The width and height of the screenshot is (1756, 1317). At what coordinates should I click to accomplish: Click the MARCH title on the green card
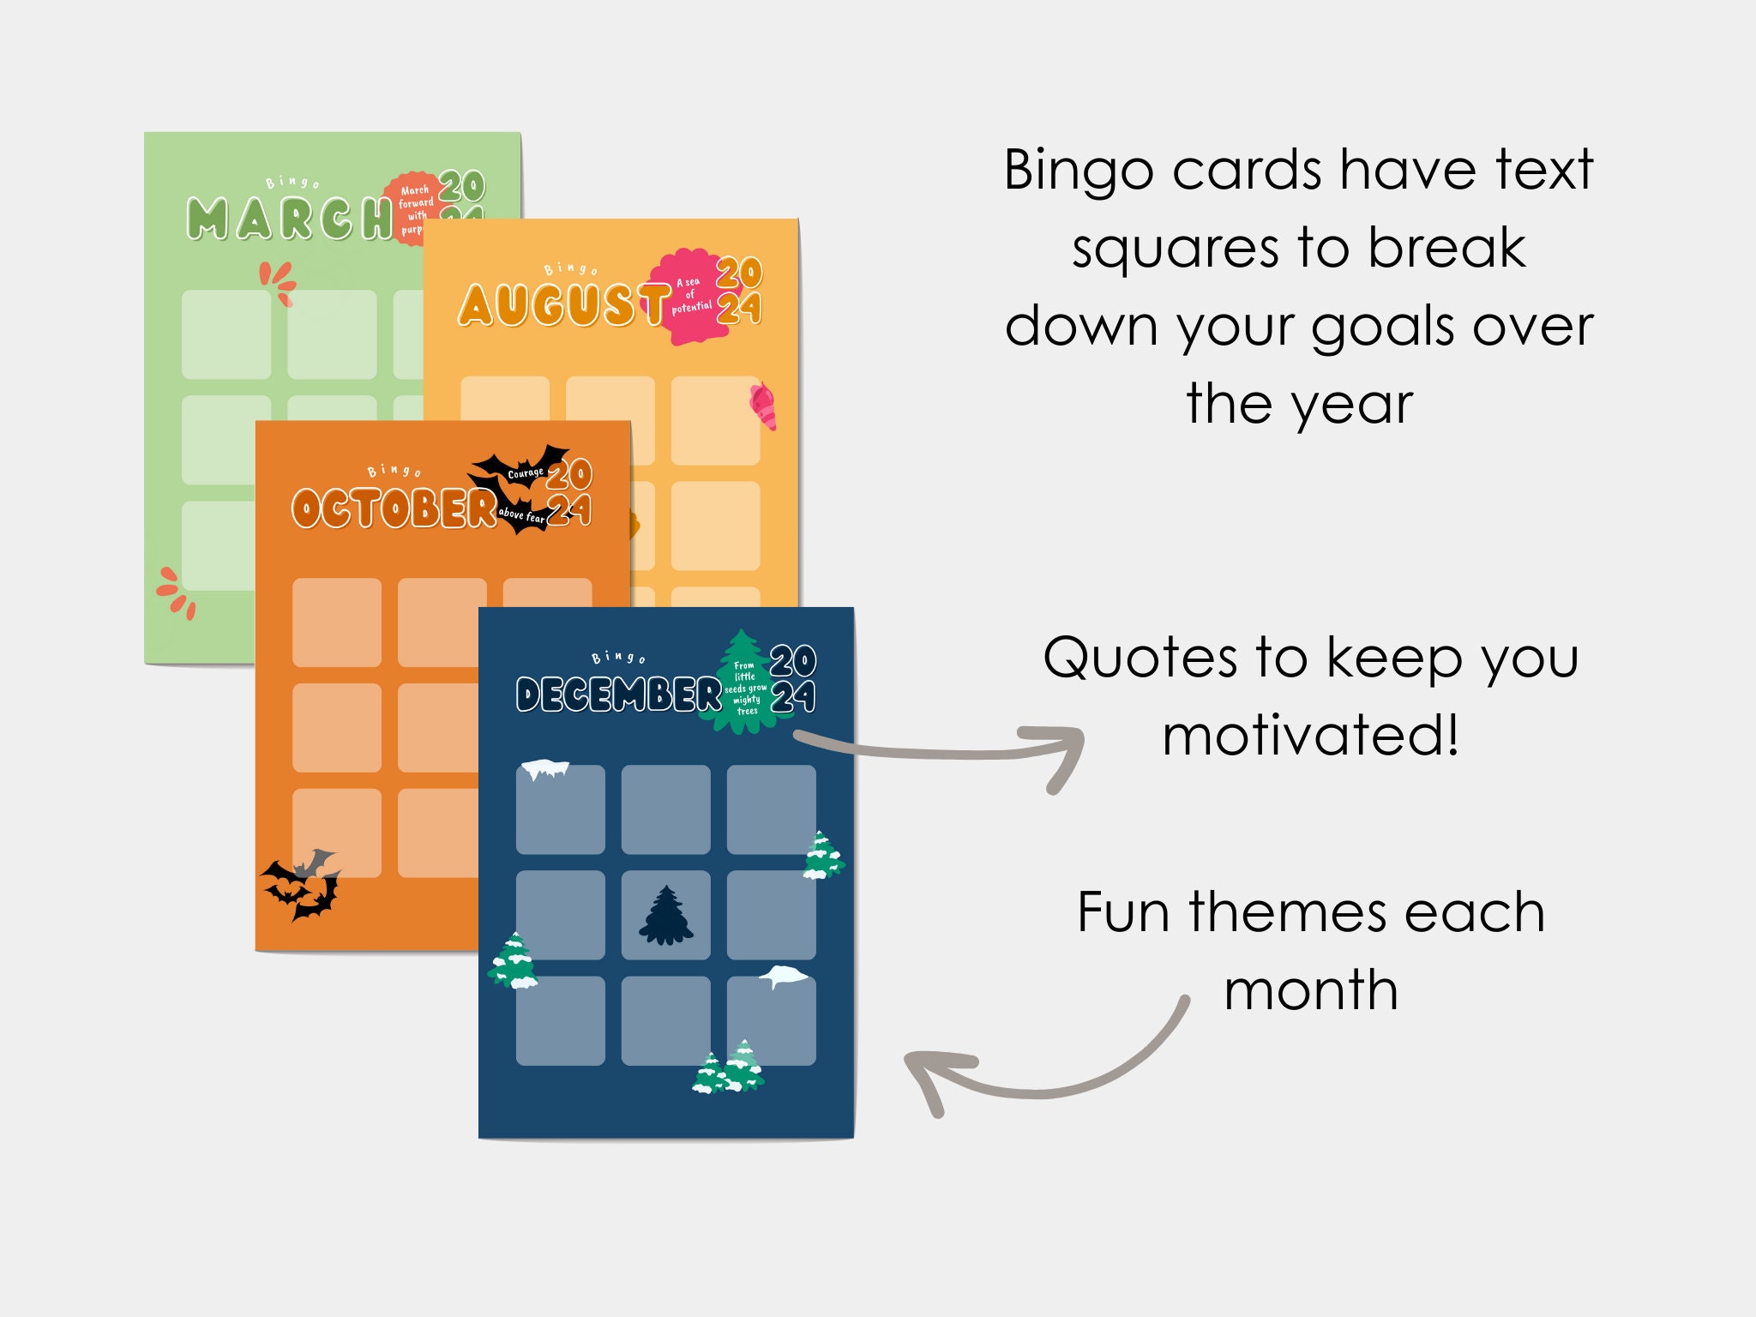click(288, 219)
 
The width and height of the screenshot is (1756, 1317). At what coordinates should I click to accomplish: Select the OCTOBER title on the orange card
click(394, 508)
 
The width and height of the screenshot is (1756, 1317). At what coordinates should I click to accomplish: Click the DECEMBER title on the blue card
click(618, 695)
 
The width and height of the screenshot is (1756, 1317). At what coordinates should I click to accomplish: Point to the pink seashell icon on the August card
click(763, 406)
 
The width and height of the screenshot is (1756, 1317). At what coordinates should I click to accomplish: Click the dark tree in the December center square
click(666, 916)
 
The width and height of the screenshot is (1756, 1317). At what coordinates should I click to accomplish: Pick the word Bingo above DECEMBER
click(618, 658)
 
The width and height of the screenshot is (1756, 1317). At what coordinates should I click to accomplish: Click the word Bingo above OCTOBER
click(394, 471)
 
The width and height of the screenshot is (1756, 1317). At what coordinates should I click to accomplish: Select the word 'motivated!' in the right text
click(1310, 736)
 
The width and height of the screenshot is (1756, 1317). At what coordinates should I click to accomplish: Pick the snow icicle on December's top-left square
click(545, 768)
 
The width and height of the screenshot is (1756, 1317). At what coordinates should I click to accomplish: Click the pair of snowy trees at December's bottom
click(728, 1068)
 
